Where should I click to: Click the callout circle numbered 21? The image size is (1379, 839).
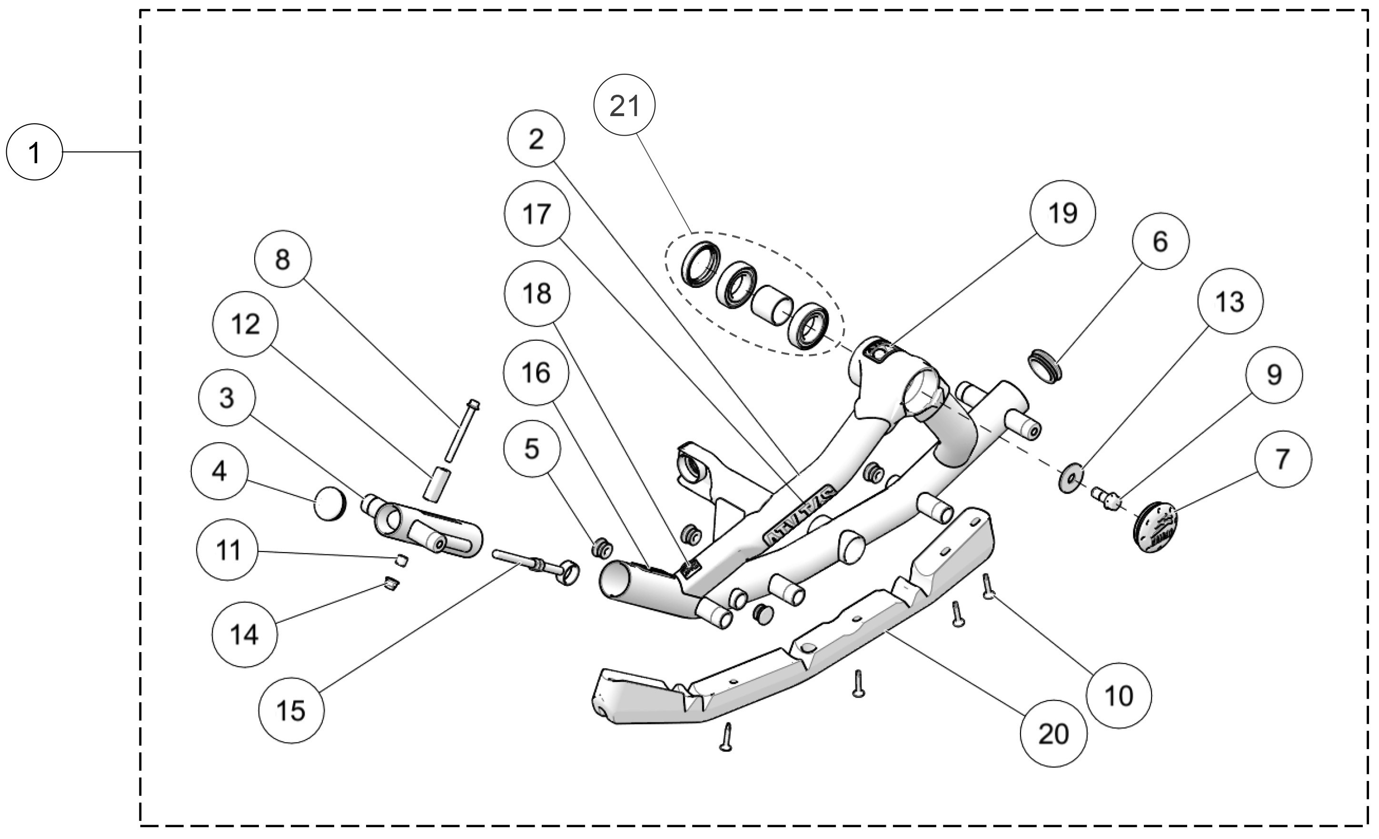tap(624, 105)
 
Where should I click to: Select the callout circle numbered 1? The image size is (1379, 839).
tap(34, 152)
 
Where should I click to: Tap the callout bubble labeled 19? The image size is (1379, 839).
tap(1062, 213)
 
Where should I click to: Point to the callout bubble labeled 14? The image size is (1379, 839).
tap(245, 634)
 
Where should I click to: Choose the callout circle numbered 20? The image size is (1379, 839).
tap(1053, 733)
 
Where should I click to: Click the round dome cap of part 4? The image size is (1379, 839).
tap(330, 503)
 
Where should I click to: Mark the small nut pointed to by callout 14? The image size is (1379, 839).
tap(392, 585)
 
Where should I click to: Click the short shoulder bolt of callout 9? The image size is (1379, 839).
tap(1105, 498)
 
